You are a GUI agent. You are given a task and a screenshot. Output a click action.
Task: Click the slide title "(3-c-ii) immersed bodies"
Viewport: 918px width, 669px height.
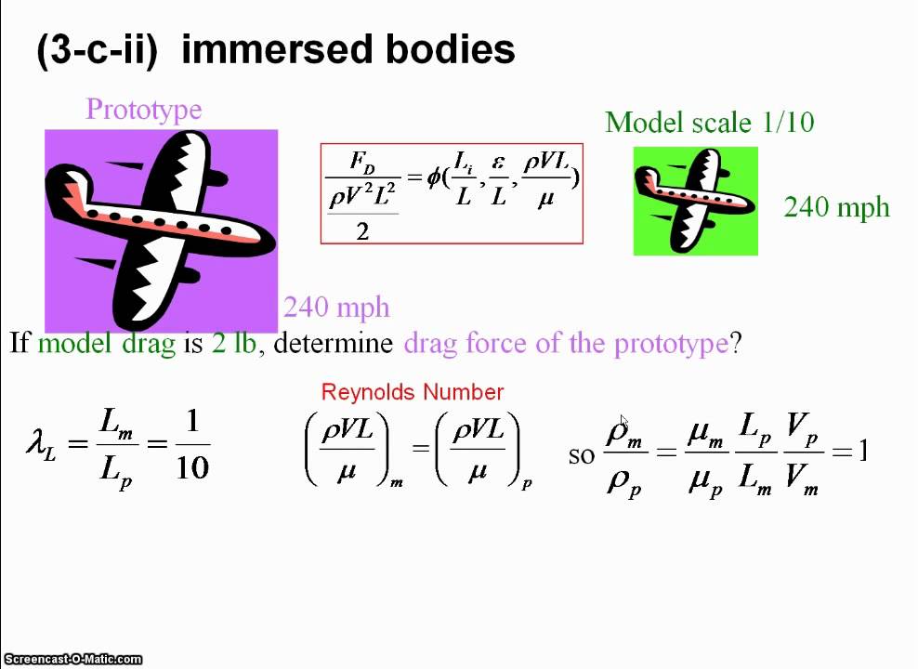(275, 50)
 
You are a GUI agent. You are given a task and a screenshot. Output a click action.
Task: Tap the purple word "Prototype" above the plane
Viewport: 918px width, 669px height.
(143, 110)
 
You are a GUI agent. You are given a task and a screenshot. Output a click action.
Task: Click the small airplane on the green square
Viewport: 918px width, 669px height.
(695, 199)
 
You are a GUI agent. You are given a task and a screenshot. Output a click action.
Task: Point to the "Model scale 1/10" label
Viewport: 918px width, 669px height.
(709, 123)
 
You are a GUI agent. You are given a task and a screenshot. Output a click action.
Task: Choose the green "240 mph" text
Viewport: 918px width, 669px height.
(836, 207)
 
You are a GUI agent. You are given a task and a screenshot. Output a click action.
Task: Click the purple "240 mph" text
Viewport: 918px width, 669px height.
(336, 308)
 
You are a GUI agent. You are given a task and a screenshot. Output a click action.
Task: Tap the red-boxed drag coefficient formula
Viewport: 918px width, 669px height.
(452, 193)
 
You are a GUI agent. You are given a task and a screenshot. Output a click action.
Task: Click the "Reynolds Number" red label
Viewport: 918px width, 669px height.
(413, 392)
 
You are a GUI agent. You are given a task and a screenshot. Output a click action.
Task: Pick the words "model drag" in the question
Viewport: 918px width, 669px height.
(106, 344)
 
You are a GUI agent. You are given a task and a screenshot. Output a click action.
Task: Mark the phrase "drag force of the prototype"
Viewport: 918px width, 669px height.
(566, 344)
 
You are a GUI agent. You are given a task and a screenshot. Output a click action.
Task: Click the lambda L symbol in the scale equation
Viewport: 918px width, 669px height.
(41, 439)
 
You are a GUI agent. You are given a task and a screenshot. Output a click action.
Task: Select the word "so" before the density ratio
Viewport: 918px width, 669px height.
(582, 454)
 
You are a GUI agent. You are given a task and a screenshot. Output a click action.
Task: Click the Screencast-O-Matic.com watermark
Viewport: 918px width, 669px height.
(72, 660)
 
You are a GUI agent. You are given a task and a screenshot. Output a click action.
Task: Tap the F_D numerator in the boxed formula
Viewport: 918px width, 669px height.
(362, 163)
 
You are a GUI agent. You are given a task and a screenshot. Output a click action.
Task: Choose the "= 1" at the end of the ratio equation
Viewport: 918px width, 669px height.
(851, 452)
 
